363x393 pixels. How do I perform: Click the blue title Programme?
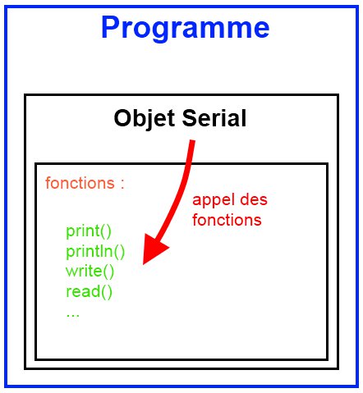185,29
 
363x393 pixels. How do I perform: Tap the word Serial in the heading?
214,118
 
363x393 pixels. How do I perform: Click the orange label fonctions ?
85,183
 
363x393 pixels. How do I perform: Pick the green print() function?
89,231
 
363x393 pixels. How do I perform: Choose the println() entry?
95,251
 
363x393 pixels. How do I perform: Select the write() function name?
90,271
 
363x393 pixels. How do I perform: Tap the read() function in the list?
89,291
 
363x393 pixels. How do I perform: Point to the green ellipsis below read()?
72,312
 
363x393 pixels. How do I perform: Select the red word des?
255,200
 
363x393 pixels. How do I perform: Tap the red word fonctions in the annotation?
227,220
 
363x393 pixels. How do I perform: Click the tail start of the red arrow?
193,144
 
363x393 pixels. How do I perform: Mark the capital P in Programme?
111,29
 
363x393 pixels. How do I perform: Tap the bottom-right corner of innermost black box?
327,359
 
